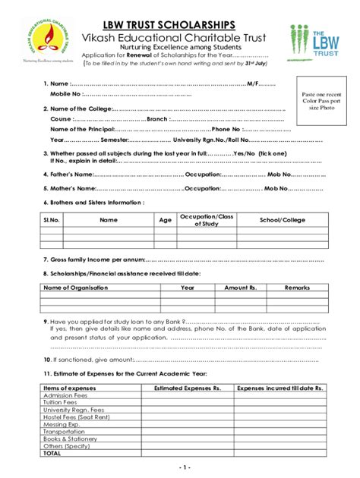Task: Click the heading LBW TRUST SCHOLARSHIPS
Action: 180,25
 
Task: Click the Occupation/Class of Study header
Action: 207,220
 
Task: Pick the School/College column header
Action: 282,220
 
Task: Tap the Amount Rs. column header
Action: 242,288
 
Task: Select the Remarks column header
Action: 297,288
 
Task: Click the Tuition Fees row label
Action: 61,402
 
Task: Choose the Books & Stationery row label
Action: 71,439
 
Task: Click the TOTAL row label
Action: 52,453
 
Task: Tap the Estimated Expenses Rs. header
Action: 188,388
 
